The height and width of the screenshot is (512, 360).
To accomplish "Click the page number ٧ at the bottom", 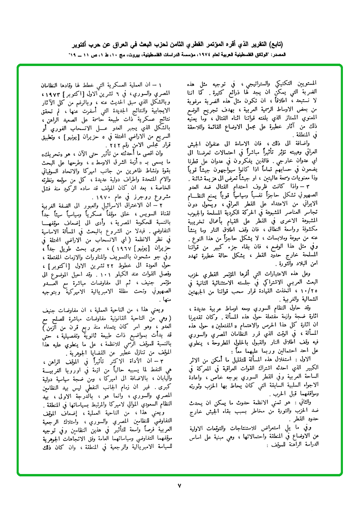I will pos(180,485).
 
